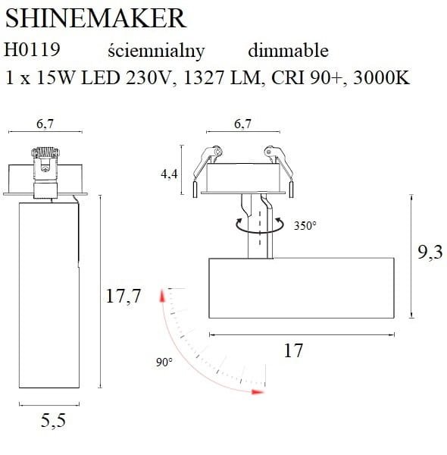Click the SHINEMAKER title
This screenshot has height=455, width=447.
pos(95,18)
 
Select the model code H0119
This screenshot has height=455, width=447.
pos(32,49)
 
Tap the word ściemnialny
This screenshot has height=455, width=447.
pos(156,51)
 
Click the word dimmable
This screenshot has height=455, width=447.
pos(288,50)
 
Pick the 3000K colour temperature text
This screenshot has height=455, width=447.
pos(382,77)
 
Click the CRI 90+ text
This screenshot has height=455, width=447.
pos(309,78)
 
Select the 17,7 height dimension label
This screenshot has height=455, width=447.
pos(123,297)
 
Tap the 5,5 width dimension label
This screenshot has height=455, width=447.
pos(53,421)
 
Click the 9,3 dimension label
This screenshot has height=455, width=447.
pos(430,252)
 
